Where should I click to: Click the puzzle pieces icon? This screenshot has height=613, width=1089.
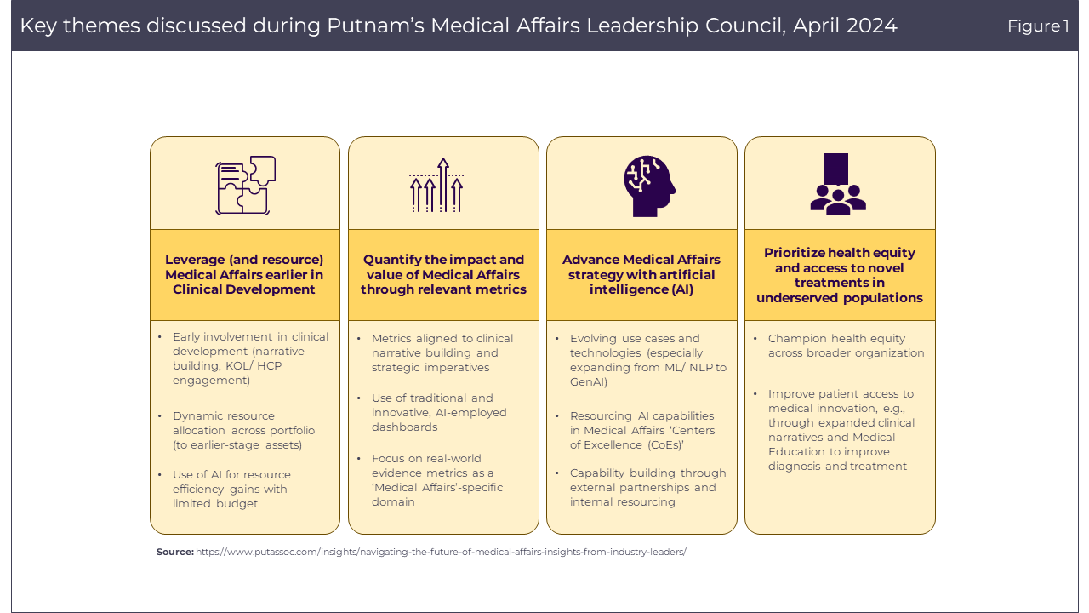(x=245, y=185)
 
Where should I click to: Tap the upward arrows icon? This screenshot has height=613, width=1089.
(x=436, y=185)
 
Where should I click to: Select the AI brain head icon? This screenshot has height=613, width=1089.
(x=647, y=185)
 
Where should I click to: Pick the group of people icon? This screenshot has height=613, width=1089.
(x=838, y=184)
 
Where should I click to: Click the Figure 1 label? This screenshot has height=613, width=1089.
(x=1038, y=26)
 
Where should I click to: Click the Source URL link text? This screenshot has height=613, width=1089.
(x=441, y=552)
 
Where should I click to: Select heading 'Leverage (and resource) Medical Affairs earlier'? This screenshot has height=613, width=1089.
(x=244, y=274)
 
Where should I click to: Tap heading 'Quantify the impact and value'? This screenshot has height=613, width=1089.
(x=443, y=274)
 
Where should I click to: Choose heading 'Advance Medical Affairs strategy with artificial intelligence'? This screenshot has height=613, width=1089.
(x=641, y=274)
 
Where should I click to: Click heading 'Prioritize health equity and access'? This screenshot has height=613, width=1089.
(x=840, y=275)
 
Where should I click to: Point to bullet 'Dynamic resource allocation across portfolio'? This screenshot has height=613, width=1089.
(x=238, y=430)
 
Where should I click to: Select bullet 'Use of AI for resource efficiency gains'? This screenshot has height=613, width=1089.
(x=231, y=489)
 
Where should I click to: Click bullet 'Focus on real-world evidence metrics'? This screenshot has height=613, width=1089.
(x=436, y=480)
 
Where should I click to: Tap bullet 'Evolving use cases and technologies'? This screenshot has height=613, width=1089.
(x=647, y=360)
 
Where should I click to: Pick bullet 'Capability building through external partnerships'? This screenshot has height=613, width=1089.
(x=647, y=487)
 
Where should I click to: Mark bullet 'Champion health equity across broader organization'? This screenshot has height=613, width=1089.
(x=846, y=346)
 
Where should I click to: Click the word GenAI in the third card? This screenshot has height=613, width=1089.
(x=589, y=382)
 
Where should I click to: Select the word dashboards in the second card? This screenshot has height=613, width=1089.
(x=404, y=427)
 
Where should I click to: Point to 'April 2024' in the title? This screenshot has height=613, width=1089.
(x=845, y=26)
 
